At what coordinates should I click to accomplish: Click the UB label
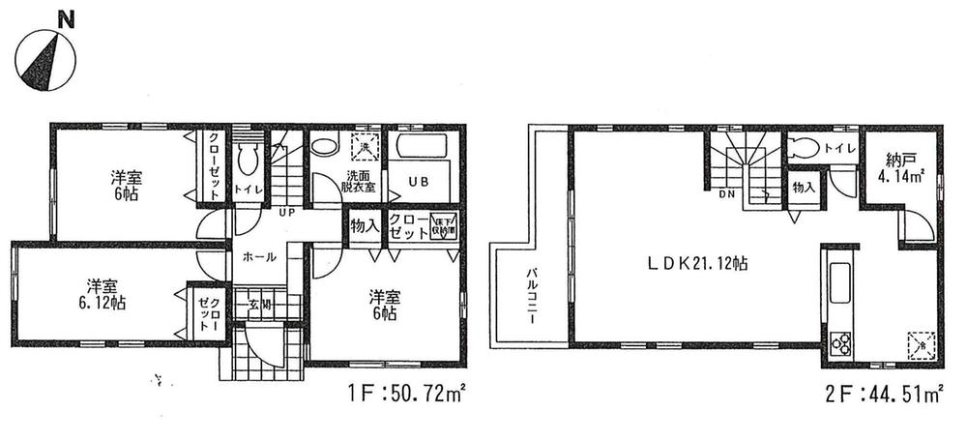(x=419, y=182)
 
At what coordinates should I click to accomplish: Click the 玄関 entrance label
(x=261, y=308)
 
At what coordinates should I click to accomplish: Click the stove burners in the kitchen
(x=838, y=342)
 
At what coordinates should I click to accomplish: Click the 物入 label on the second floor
(x=803, y=187)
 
